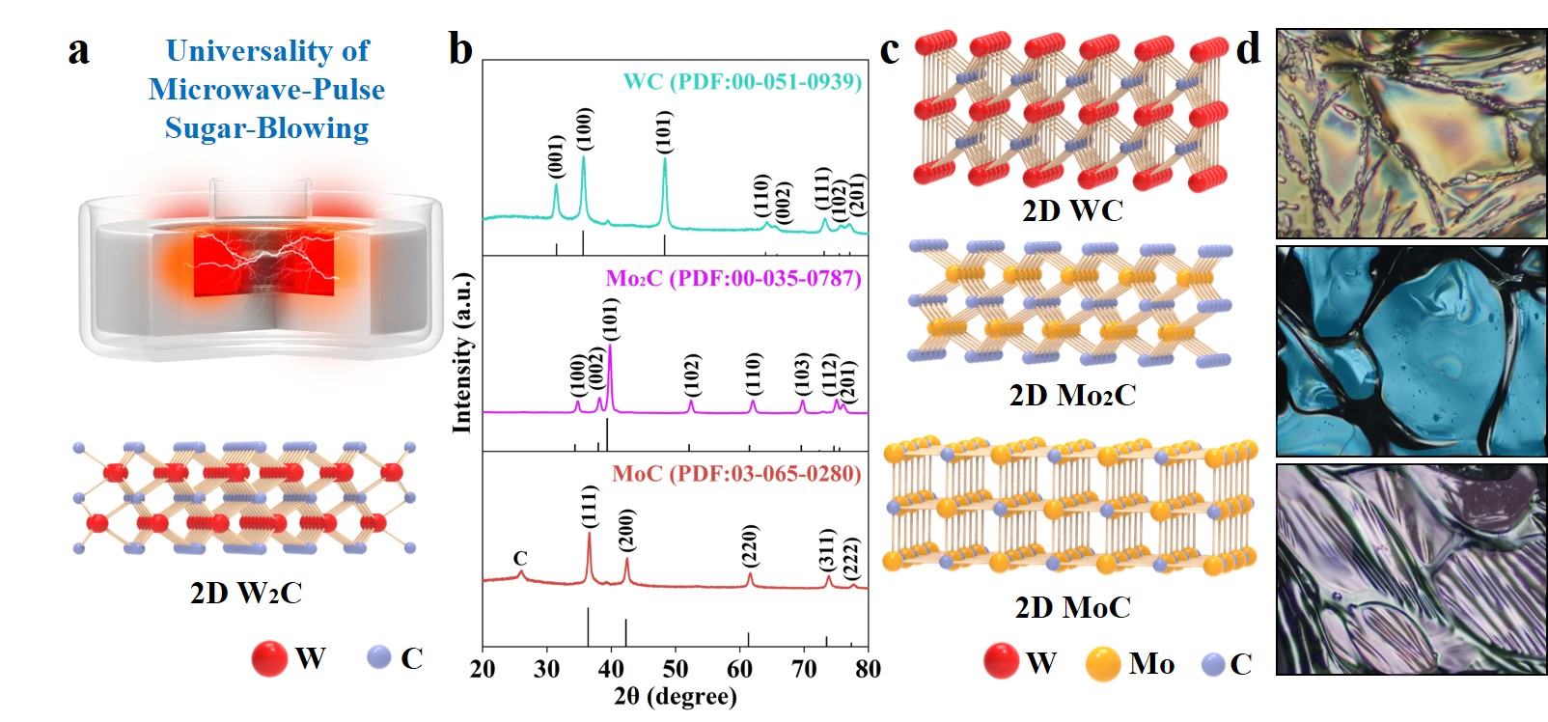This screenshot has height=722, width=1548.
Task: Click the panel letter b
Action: tap(460, 49)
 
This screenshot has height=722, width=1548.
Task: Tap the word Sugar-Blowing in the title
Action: tap(266, 128)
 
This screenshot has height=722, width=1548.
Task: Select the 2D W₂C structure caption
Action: tap(246, 592)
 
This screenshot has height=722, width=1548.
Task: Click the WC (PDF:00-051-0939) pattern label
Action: tap(742, 81)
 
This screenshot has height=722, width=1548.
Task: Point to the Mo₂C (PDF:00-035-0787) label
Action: tap(733, 279)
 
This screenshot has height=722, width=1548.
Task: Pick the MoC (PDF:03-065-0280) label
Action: tap(736, 474)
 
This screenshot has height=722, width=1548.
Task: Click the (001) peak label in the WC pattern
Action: tap(556, 156)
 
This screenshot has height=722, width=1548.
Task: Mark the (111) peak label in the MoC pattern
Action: tap(590, 506)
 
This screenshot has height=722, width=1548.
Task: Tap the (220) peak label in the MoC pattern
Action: tap(750, 545)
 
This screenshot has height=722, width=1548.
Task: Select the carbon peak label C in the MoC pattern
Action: tap(520, 559)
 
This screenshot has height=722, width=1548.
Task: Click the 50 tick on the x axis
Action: tap(676, 669)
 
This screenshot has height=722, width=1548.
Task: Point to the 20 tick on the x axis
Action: tap(483, 669)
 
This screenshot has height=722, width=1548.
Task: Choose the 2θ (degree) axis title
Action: tap(675, 696)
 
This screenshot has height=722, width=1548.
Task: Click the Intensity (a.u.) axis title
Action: tap(463, 352)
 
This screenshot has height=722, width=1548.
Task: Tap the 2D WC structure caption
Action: tap(1072, 210)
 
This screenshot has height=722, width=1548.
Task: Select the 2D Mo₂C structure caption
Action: tap(1072, 395)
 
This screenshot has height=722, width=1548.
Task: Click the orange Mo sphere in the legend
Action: tap(1102, 664)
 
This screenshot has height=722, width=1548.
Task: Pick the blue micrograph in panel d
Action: tap(1411, 350)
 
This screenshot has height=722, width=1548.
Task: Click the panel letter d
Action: tap(1249, 49)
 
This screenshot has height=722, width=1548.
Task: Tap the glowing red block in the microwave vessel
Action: tap(264, 263)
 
